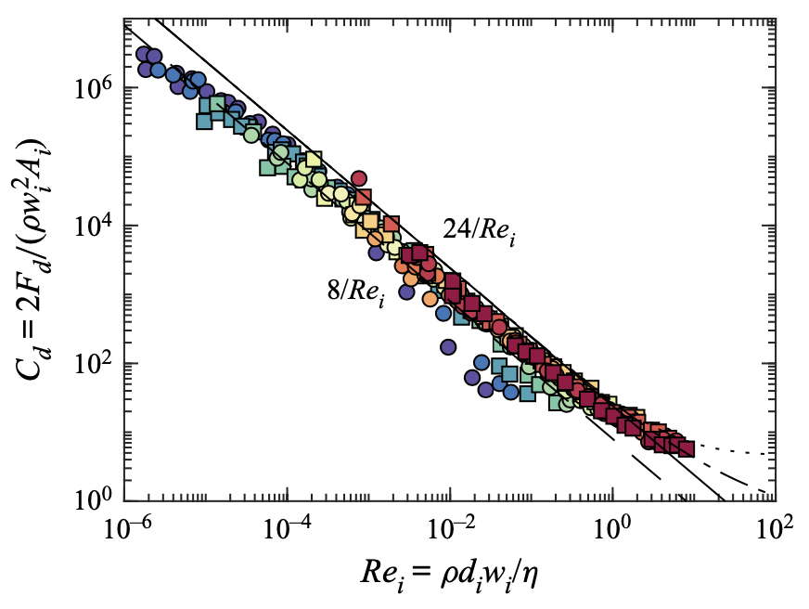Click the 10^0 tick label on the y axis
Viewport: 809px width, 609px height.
coord(93,500)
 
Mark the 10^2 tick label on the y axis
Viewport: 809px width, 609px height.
coord(93,363)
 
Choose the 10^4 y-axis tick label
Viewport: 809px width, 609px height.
coord(93,226)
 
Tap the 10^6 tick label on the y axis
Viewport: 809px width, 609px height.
coord(93,88)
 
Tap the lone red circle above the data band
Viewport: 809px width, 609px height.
coord(360,179)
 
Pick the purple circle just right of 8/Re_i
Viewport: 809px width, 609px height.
coord(406,292)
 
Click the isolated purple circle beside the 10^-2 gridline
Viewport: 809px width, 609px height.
coord(448,347)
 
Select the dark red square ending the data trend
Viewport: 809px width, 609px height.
coord(687,449)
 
